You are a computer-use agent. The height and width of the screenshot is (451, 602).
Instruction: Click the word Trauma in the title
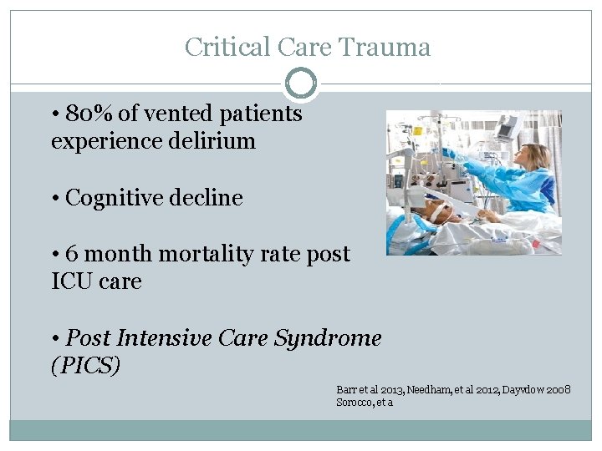pyautogui.click(x=385, y=47)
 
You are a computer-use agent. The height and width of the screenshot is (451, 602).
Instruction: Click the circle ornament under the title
pyautogui.click(x=301, y=84)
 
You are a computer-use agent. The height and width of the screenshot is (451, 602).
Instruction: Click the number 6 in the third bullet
pyautogui.click(x=71, y=253)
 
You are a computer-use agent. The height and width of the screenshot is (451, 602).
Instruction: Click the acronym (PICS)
pyautogui.click(x=86, y=366)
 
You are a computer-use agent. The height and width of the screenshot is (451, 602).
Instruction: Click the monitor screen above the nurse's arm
pyautogui.click(x=507, y=127)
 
